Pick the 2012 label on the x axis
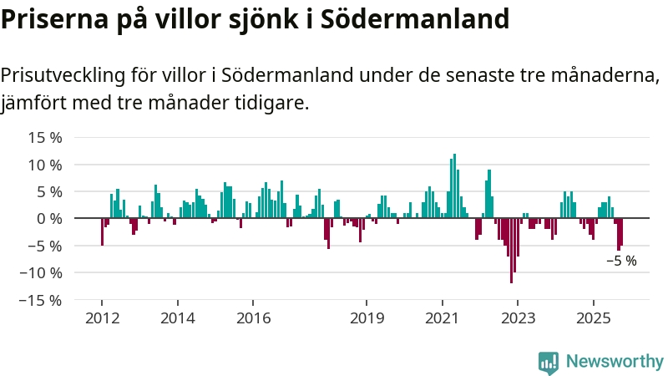pyautogui.click(x=102, y=318)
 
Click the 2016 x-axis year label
pyautogui.click(x=253, y=318)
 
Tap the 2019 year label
pyautogui.click(x=367, y=318)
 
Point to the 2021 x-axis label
pyautogui.click(x=442, y=318)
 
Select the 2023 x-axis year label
pyautogui.click(x=518, y=318)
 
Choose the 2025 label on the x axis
pyautogui.click(x=593, y=318)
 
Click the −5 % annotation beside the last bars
pyautogui.click(x=621, y=261)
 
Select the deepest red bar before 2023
pyautogui.click(x=511, y=251)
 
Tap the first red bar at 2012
pyautogui.click(x=102, y=231)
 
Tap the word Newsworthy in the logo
pyautogui.click(x=615, y=362)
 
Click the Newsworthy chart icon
pyautogui.click(x=549, y=362)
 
